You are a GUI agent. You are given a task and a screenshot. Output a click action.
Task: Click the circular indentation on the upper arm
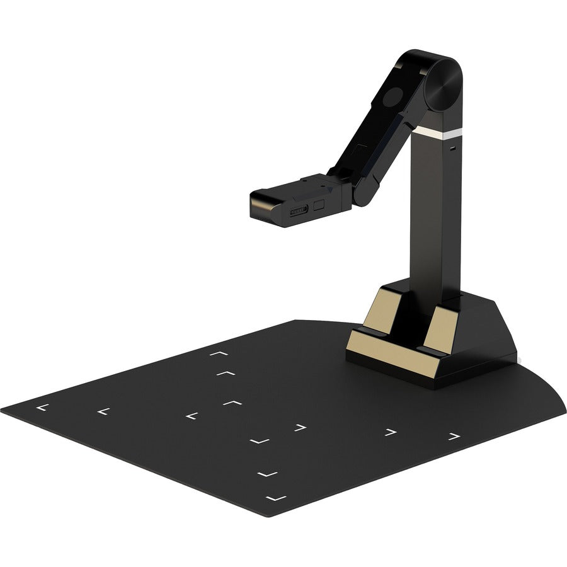pos(394,98)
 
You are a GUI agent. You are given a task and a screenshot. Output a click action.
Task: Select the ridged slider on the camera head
pos(298,209)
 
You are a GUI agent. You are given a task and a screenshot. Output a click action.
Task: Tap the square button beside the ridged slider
pos(318,205)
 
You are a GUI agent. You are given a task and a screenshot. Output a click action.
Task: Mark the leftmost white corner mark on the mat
pos(42,408)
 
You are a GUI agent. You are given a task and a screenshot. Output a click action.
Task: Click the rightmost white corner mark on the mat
pos(454,435)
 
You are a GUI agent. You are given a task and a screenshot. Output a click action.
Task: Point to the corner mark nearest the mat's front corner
pos(276,498)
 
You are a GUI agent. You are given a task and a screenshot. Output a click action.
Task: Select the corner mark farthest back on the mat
pos(219,355)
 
